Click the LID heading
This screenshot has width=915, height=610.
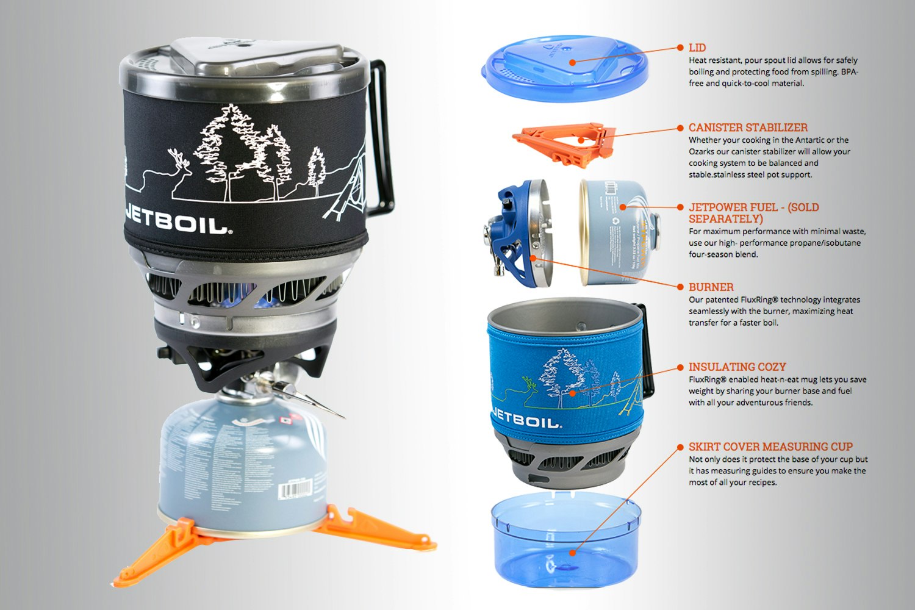[x=697, y=48]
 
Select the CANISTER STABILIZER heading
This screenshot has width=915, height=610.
[x=748, y=127]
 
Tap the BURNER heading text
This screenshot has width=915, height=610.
[x=711, y=287]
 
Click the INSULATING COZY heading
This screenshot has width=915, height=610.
[x=737, y=367]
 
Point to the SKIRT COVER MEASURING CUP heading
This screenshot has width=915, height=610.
[x=770, y=447]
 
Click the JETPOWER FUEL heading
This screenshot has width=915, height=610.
[x=753, y=207]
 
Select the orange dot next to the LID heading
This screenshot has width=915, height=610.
[x=680, y=48]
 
